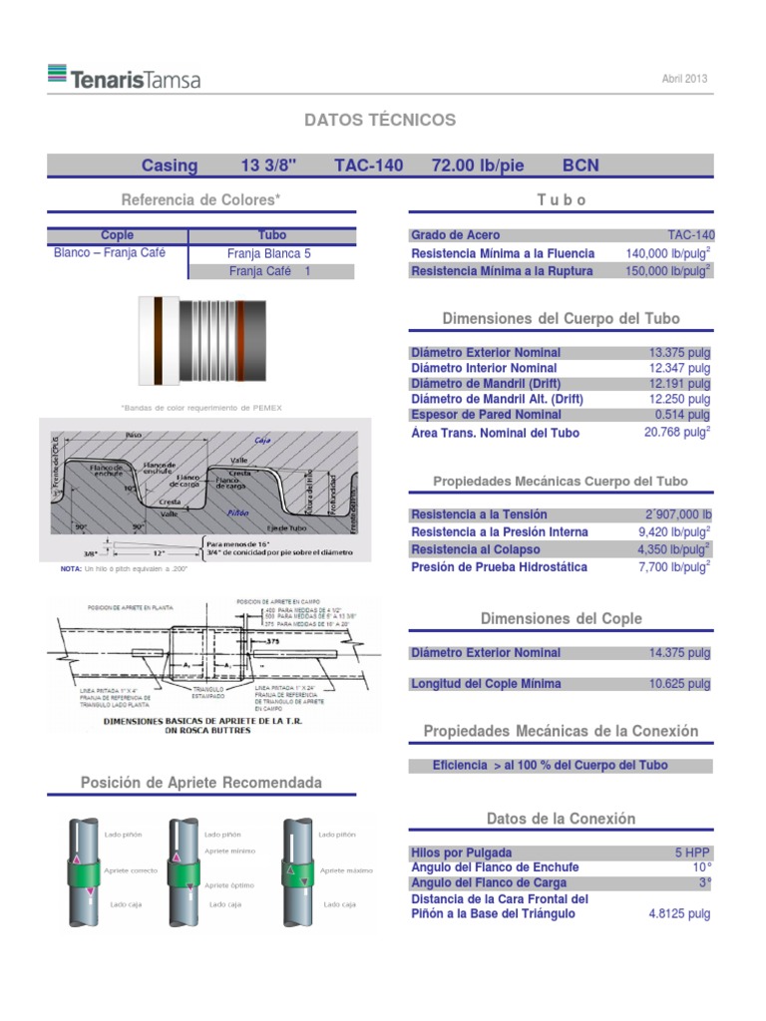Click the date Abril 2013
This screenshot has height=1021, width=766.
[x=685, y=79]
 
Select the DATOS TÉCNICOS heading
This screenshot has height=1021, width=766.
[x=380, y=120]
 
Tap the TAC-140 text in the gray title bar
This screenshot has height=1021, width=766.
[x=369, y=166]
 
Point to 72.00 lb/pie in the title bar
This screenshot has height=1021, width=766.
[x=478, y=166]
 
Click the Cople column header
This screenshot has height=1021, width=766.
[x=118, y=235]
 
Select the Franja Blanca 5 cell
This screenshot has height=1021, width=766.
[x=269, y=253]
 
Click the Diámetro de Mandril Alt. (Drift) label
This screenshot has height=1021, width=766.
[x=497, y=399]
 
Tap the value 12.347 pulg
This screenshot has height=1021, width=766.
[x=679, y=368]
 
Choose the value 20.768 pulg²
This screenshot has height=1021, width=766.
[x=677, y=433]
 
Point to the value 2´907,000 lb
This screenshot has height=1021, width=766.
[x=678, y=514]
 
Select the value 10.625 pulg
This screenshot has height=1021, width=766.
[x=679, y=684]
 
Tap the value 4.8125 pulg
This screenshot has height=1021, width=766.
[x=679, y=913]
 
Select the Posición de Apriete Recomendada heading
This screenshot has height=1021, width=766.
[x=201, y=783]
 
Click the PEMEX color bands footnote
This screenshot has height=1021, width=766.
[x=200, y=408]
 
